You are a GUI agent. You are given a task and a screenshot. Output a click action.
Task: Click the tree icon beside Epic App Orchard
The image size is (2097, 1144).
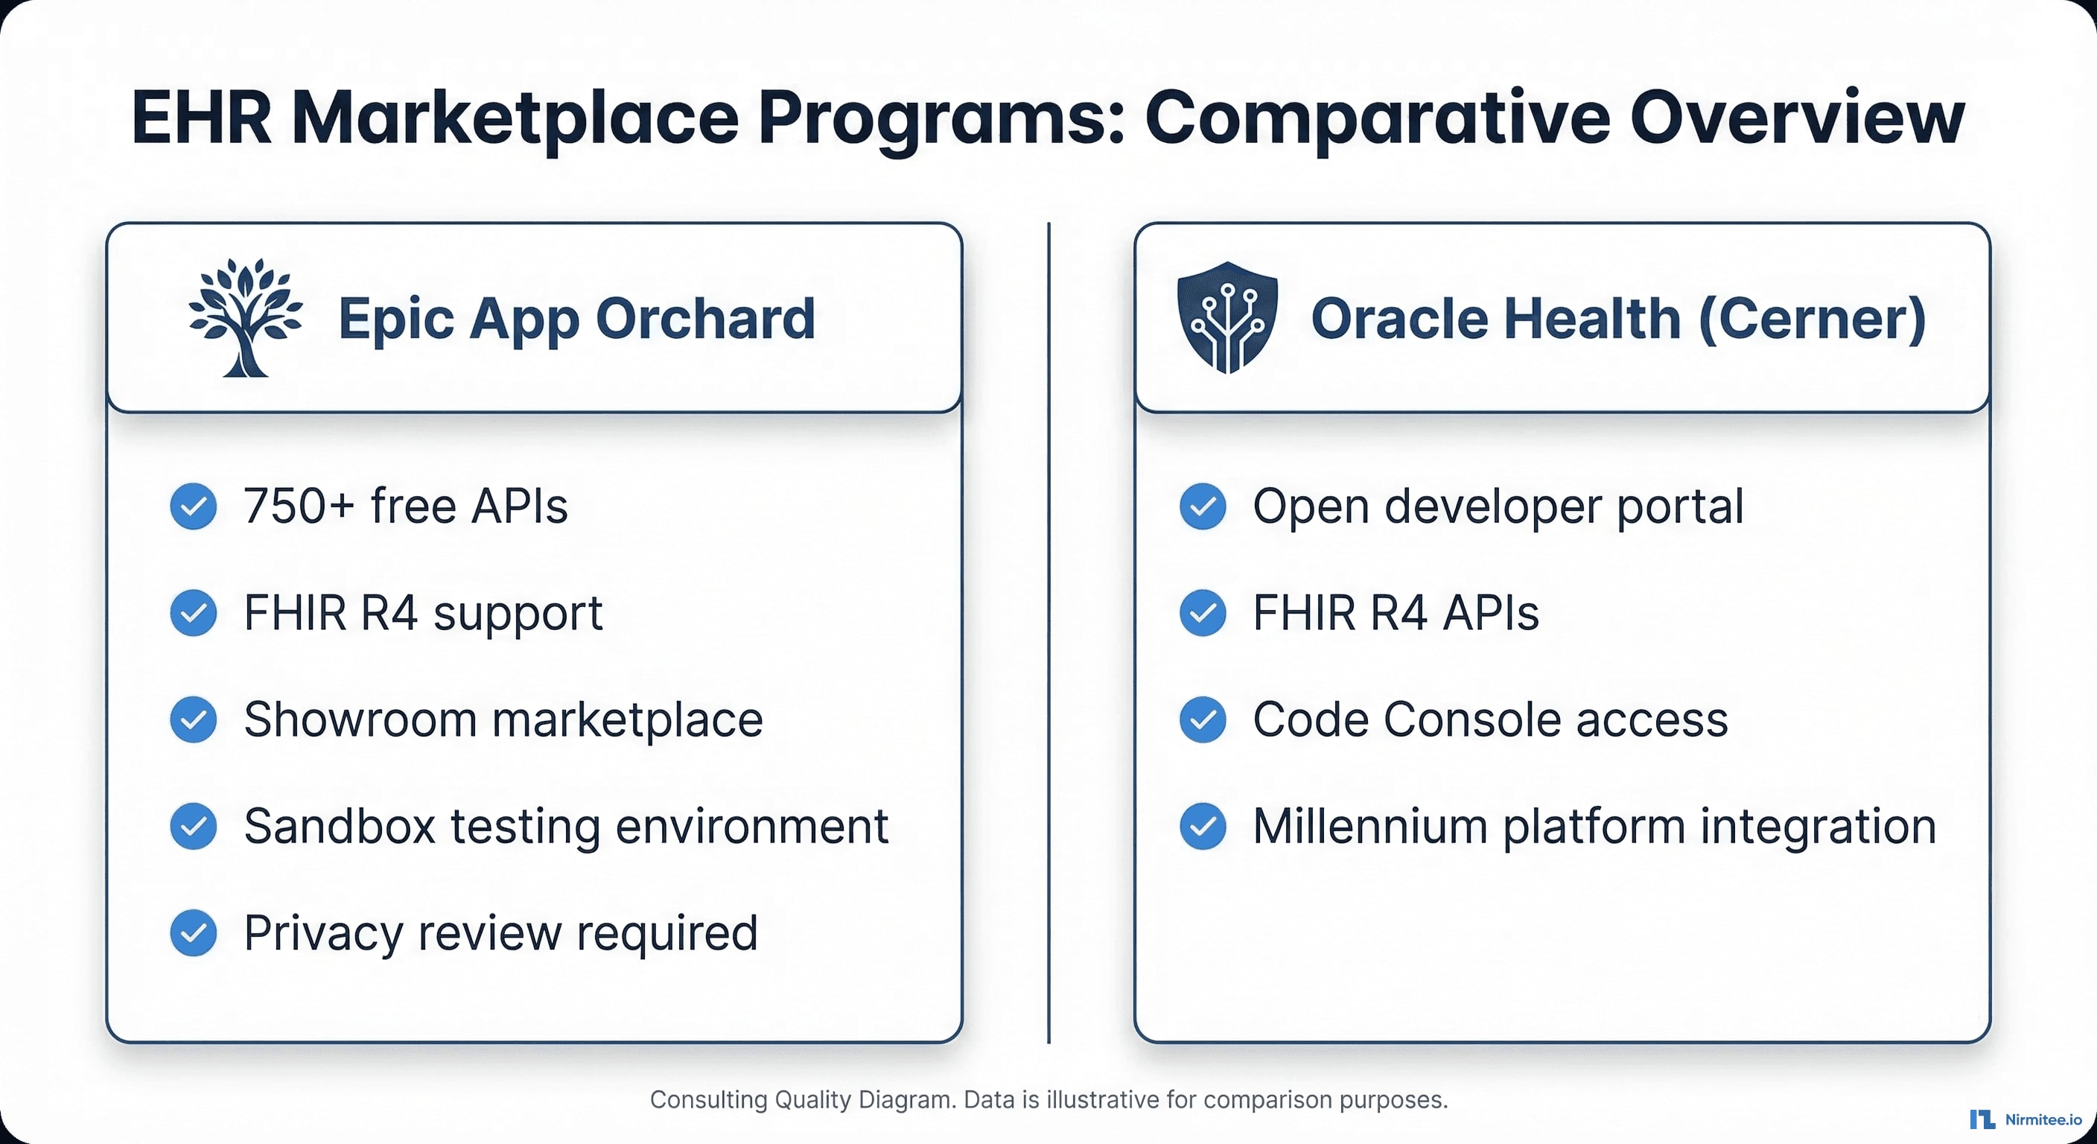coord(245,317)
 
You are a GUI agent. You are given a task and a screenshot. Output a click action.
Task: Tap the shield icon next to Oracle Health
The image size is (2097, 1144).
coord(1226,317)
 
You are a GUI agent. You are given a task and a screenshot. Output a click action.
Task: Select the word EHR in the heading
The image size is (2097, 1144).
coord(201,119)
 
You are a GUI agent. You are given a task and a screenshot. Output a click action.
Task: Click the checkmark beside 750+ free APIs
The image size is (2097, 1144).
coord(194,506)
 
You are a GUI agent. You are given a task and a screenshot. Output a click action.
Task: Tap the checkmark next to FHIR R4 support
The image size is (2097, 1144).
coord(194,613)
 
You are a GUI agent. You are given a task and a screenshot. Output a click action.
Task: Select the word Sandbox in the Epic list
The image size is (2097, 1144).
coord(340,827)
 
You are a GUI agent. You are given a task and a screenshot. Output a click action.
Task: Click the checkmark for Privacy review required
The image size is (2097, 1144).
coord(194,933)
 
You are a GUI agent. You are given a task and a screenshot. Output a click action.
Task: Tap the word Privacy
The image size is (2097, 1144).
coord(323,933)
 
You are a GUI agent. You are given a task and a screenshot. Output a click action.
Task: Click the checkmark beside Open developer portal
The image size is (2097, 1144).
coord(1203,506)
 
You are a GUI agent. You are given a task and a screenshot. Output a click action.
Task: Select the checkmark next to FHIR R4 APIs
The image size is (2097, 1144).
coord(1203,613)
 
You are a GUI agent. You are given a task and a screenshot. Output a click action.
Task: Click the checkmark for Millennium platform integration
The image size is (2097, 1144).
coord(1203,827)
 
